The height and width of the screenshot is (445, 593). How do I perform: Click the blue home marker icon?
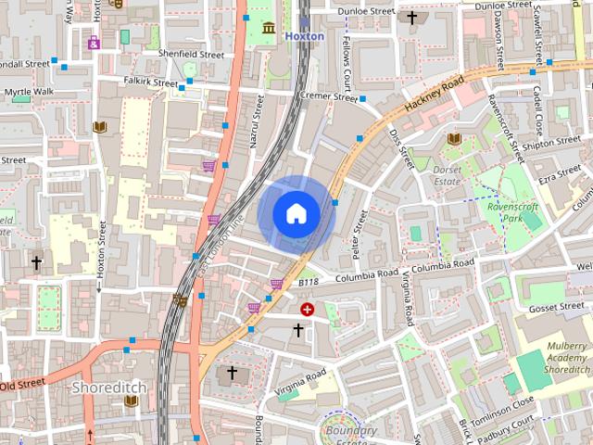point(296,213)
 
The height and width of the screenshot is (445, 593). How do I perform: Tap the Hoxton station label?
point(304,36)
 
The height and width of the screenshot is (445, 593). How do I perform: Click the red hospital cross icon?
point(307,309)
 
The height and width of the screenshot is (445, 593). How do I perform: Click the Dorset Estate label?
point(448,175)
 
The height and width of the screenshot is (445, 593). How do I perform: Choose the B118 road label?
point(308,281)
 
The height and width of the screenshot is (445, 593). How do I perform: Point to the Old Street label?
point(22,383)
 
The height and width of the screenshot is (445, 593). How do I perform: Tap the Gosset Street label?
point(556,307)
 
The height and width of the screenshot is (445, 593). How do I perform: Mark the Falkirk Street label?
point(150,83)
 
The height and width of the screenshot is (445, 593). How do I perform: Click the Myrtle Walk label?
point(30,93)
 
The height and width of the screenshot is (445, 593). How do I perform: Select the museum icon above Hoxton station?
point(269,27)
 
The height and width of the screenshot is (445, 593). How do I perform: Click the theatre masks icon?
point(180,299)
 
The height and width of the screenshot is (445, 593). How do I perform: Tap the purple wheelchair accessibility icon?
point(94,42)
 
